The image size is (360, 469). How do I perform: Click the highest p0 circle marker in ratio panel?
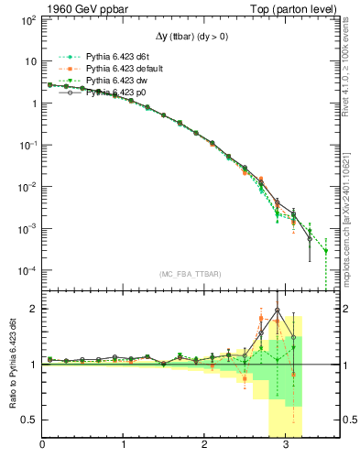(277, 310)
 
